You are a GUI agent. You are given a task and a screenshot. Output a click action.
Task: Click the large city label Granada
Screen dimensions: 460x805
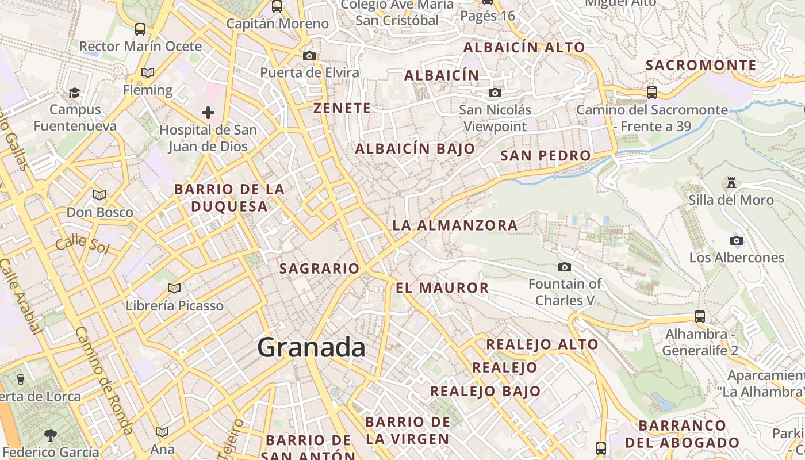(311, 348)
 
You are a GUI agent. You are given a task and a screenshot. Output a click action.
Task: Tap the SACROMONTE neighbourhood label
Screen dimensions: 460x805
(701, 65)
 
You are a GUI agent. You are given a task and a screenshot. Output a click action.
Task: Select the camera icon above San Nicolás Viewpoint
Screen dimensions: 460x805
(494, 93)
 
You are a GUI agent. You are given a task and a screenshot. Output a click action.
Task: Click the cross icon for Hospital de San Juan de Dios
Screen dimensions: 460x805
(208, 112)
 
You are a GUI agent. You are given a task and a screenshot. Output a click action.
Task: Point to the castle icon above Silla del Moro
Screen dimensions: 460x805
(731, 183)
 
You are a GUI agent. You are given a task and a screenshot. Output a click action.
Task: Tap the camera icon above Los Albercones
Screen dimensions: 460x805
(736, 240)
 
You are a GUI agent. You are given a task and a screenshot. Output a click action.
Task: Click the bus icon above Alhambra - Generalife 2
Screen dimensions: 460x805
(699, 316)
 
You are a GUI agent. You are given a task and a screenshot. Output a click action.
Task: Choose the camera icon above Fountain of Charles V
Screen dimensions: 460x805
(565, 267)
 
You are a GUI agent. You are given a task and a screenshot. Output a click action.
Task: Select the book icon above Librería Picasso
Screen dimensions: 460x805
(174, 288)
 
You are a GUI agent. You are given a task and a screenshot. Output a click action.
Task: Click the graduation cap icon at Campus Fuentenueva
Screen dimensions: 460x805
(74, 93)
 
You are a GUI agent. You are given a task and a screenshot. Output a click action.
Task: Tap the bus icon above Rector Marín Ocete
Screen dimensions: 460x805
(140, 29)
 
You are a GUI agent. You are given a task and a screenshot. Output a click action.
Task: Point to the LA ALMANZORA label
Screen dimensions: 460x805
(455, 225)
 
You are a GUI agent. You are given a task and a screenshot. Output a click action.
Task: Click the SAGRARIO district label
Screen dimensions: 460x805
(319, 269)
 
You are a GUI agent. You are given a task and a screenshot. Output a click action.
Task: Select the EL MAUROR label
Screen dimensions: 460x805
(442, 288)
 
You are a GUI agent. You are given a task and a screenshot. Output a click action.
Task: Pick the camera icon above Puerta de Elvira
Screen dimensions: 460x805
(309, 56)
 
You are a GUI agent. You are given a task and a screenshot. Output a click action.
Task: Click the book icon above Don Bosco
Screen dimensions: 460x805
(99, 195)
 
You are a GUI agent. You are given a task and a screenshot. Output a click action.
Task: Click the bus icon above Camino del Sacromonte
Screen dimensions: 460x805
(651, 92)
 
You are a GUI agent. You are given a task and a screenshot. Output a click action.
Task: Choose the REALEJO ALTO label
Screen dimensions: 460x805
(542, 344)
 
